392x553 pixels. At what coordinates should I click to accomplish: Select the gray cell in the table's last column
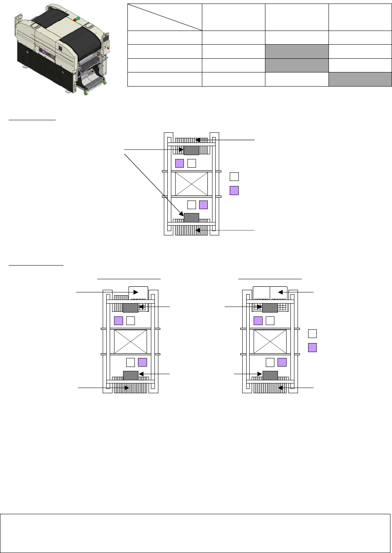pos(360,79)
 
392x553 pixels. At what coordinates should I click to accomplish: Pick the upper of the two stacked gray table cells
pos(297,51)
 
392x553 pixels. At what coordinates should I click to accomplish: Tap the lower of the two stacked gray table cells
pos(297,65)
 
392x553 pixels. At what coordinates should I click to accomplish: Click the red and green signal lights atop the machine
pos(75,18)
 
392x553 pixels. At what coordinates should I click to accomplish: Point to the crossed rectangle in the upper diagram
pos(191,184)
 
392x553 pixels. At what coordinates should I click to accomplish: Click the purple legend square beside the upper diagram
pos(234,191)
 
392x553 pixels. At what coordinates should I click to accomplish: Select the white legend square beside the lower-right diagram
pos(312,334)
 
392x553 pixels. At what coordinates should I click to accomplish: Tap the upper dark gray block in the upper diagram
pos(191,150)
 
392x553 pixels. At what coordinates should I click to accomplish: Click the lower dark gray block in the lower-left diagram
pos(131,375)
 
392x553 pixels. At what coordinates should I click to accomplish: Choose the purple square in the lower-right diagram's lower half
pos(282,362)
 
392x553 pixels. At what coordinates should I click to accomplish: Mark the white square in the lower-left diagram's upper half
pos(131,321)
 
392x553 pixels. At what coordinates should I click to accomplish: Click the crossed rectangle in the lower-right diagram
pos(270,342)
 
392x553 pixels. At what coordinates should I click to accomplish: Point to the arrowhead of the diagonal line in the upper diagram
pos(181,214)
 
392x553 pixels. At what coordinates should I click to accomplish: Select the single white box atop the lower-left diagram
pos(138,293)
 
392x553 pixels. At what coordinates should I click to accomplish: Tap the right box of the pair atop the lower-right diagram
pos(279,293)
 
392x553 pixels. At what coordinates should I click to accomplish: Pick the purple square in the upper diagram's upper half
pos(180,163)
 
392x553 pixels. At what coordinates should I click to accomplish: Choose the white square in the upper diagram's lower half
pos(192,204)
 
